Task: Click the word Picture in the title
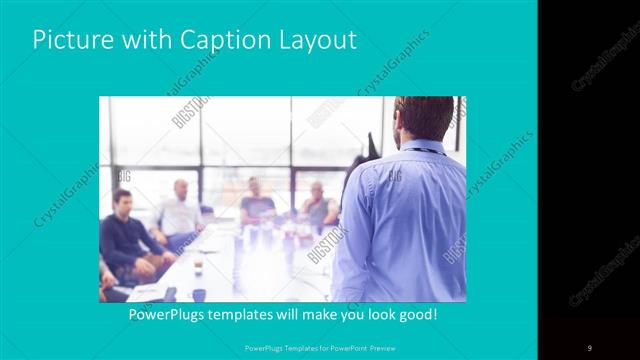[x=69, y=41]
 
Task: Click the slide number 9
[x=590, y=348]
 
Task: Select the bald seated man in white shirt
[x=180, y=210]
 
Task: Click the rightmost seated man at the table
[x=318, y=205]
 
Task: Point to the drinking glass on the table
[x=199, y=263]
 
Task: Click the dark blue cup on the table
[x=199, y=294]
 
